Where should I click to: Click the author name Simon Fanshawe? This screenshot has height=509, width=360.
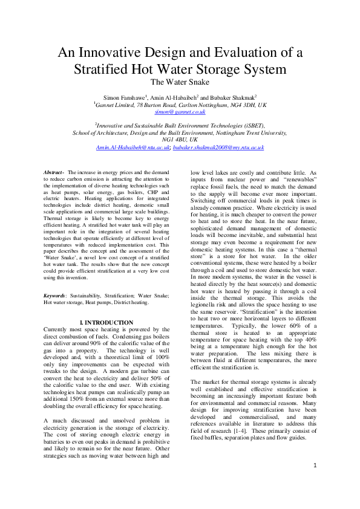coord(123,97)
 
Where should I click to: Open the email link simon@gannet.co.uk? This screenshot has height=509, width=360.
coord(180,112)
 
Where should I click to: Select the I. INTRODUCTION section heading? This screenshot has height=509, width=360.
coord(106,322)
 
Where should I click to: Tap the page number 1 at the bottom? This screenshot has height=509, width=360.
coord(315,482)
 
